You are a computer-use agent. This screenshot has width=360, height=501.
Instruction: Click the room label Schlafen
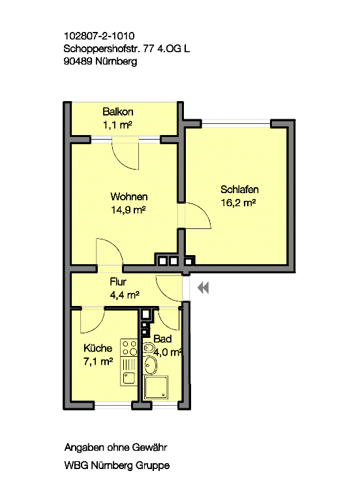click(239, 189)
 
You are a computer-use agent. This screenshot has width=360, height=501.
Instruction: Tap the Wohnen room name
click(129, 196)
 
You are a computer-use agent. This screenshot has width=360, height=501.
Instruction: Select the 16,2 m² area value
click(238, 203)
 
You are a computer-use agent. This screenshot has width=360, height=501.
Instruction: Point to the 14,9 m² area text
click(128, 210)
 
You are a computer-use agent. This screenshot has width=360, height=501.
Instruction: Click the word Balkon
click(118, 112)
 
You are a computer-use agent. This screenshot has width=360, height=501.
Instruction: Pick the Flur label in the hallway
click(118, 282)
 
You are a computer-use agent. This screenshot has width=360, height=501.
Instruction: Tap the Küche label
click(98, 348)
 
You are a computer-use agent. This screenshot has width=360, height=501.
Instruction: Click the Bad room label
click(162, 339)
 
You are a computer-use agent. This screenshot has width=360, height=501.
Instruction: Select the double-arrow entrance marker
click(203, 288)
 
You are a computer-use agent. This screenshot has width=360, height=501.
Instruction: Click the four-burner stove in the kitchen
click(129, 348)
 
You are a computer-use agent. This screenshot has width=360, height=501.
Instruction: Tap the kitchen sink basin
click(129, 378)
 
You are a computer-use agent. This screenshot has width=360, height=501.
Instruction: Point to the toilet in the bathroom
click(148, 348)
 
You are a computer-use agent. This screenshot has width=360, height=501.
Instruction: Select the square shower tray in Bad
click(156, 388)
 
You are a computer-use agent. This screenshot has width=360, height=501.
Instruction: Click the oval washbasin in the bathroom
click(150, 365)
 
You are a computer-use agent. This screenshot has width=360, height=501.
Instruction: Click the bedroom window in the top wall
click(236, 123)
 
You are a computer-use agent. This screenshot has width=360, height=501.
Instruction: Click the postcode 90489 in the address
click(78, 61)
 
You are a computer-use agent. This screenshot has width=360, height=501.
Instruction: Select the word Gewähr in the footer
click(149, 448)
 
